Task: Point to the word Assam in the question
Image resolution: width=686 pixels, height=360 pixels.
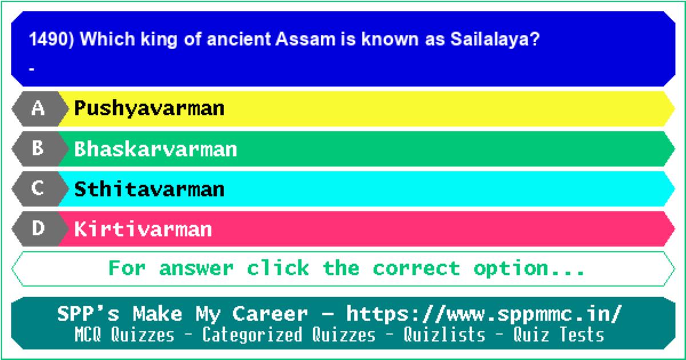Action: tap(305, 39)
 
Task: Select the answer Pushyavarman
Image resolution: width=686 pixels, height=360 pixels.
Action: tap(149, 109)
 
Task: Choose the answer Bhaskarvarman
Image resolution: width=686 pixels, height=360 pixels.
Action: tap(155, 149)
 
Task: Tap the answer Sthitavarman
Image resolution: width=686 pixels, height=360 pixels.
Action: tap(149, 189)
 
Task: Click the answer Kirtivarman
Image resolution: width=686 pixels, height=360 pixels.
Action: tap(143, 229)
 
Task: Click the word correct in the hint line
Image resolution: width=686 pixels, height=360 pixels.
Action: tap(416, 269)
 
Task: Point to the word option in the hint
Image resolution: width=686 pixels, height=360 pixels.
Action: tap(511, 269)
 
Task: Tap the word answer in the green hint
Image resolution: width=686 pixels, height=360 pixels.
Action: tap(196, 269)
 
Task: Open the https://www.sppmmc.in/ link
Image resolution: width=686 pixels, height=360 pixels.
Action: tap(484, 314)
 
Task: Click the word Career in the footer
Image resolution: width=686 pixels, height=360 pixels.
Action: tap(270, 314)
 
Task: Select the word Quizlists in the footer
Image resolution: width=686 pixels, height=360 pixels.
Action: tap(444, 334)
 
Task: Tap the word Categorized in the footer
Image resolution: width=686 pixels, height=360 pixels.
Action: tap(252, 335)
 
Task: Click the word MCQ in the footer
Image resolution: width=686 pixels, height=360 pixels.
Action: tap(88, 334)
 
